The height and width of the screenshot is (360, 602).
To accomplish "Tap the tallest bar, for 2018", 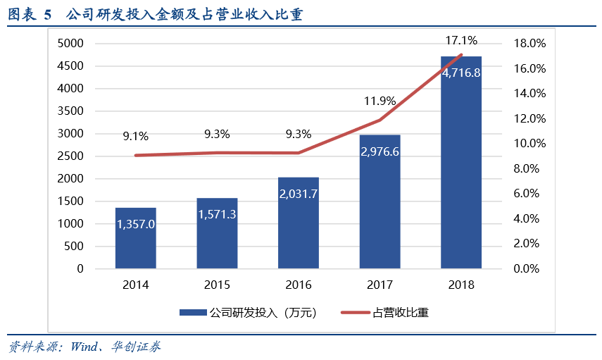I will pyautogui.click(x=461, y=162).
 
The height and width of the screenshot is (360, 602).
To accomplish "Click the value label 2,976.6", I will pyautogui.click(x=380, y=151).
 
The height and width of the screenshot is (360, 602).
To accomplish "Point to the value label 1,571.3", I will pyautogui.click(x=217, y=214).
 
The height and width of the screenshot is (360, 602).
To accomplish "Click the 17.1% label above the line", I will pyautogui.click(x=461, y=40).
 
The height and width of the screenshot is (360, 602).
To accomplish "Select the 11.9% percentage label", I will pyautogui.click(x=380, y=101).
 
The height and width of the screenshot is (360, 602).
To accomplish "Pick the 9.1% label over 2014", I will pyautogui.click(x=135, y=137).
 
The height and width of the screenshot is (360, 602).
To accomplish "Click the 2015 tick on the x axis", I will pyautogui.click(x=217, y=285).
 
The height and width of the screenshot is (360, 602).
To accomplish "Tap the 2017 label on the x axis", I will pyautogui.click(x=380, y=285).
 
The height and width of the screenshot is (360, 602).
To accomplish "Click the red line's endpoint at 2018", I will pyautogui.click(x=461, y=55).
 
